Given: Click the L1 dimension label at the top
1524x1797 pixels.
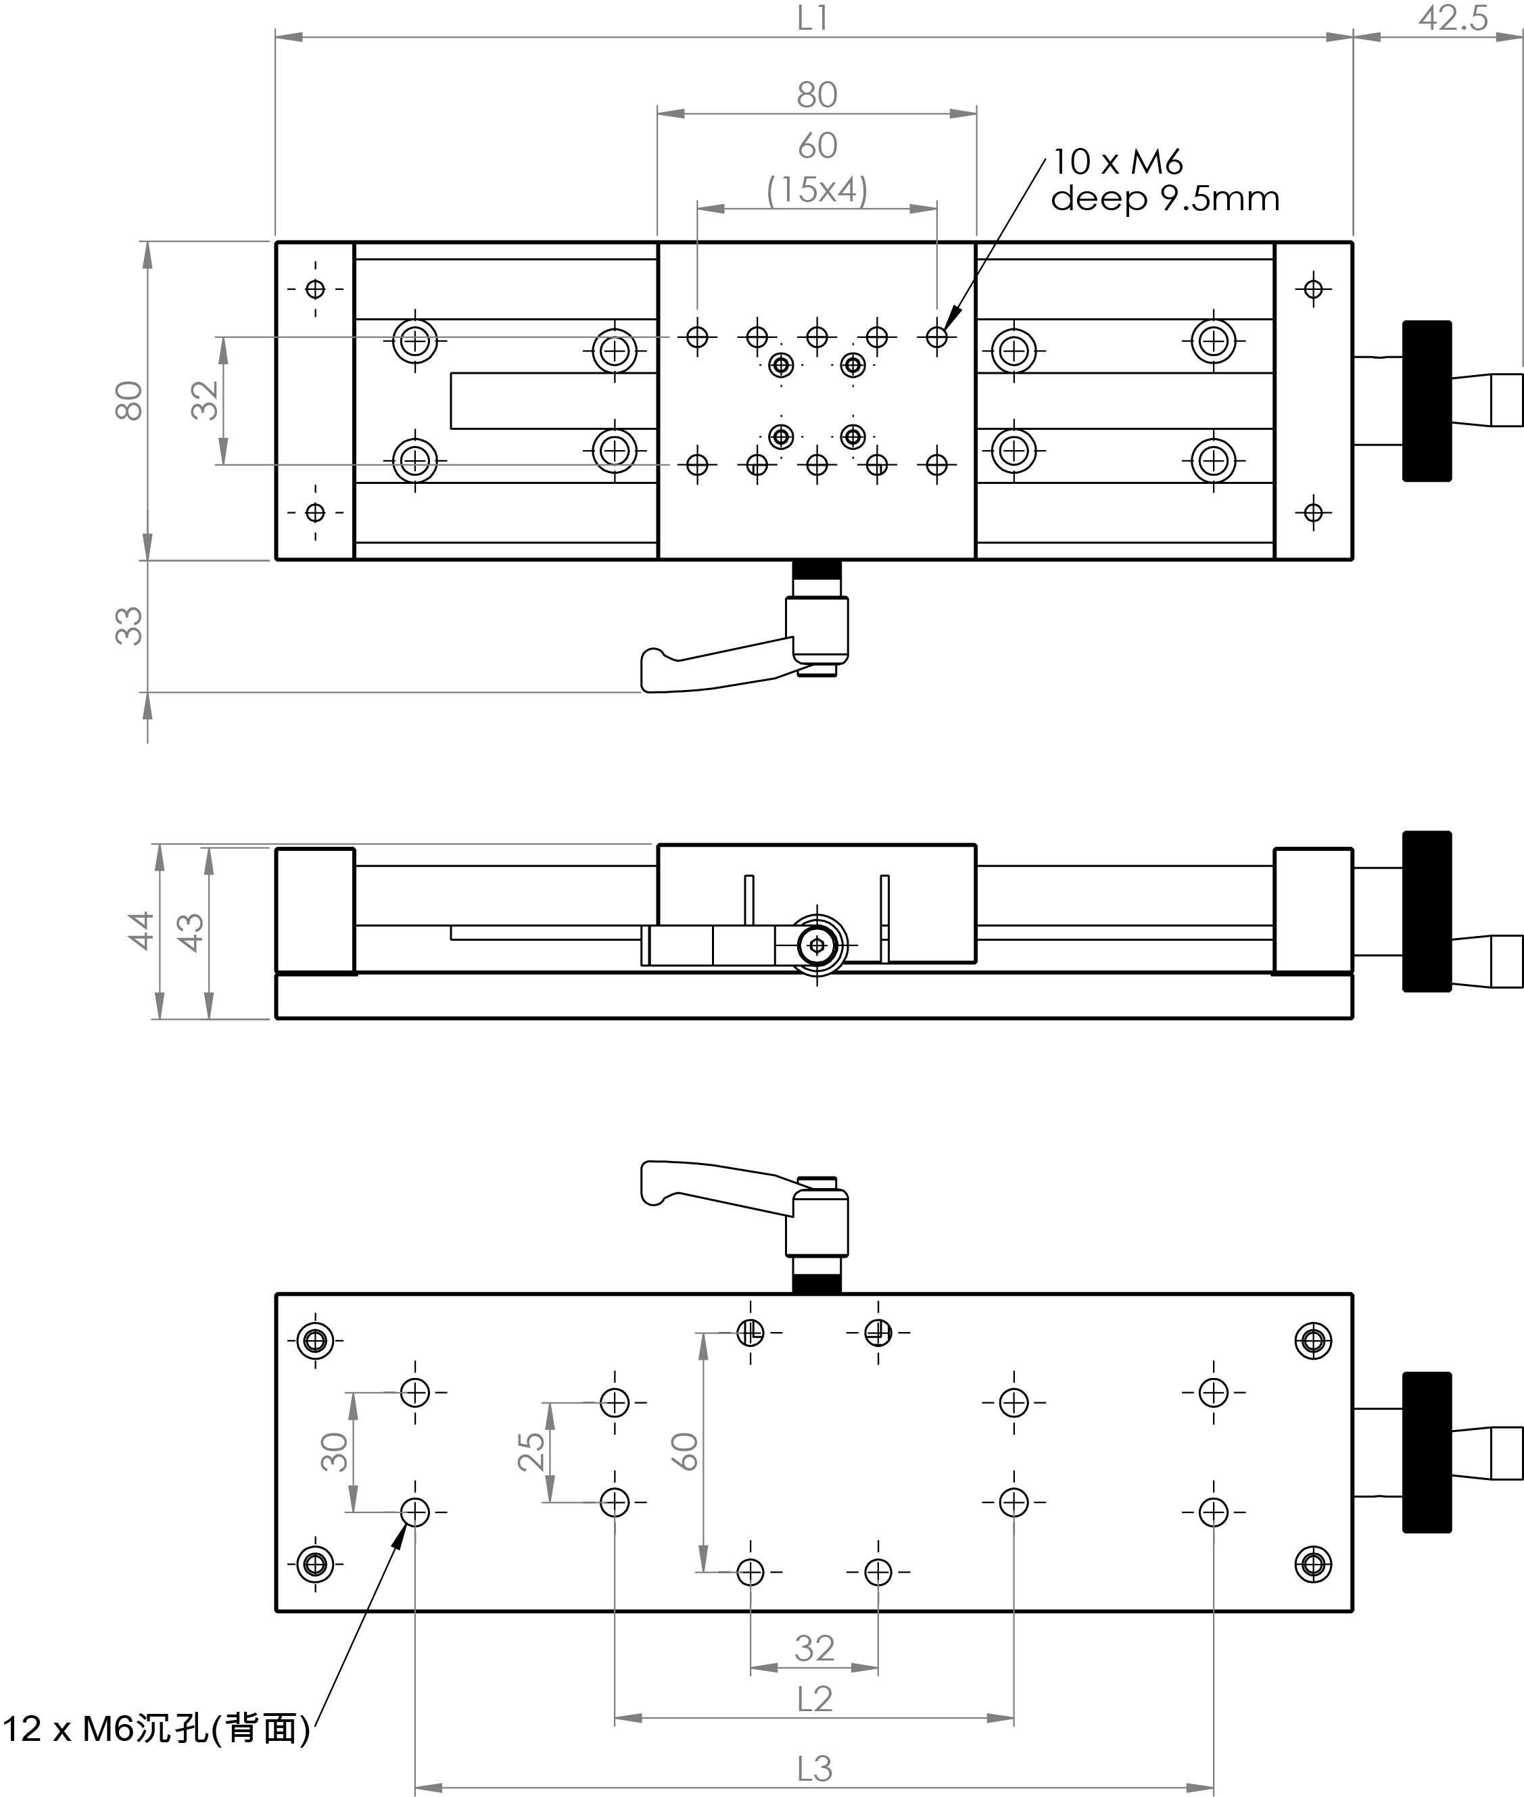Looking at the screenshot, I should [x=812, y=18].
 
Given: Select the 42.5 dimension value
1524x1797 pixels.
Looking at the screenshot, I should [x=1453, y=18].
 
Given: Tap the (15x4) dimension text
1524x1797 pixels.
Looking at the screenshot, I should [x=817, y=190].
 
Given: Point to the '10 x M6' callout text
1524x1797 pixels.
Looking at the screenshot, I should [x=1117, y=162].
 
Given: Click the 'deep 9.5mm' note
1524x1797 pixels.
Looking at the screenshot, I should [x=1164, y=199].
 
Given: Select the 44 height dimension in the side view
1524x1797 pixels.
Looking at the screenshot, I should [x=141, y=930].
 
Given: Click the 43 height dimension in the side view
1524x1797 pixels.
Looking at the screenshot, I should [x=190, y=932].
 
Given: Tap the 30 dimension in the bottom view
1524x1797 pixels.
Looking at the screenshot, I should [x=334, y=1452].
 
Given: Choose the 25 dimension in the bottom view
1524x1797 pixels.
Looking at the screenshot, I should [x=531, y=1452].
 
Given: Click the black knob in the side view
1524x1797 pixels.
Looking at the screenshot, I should [x=1427, y=911].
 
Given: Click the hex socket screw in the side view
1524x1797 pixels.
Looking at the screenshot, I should [x=817, y=945].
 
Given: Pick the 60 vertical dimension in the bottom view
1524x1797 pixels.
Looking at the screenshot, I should [x=684, y=1452].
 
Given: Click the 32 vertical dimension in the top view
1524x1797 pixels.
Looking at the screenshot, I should [x=205, y=401].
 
